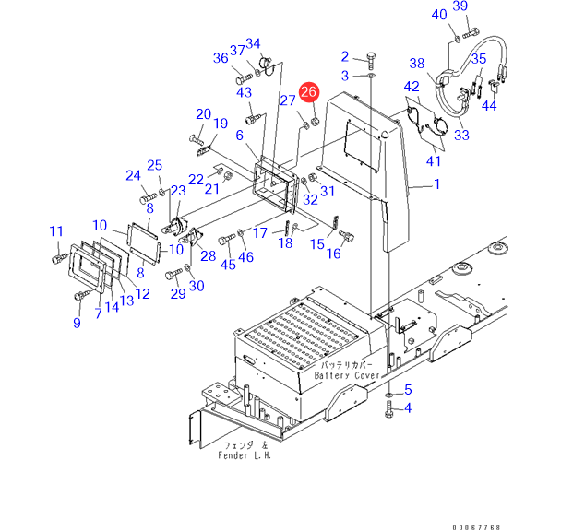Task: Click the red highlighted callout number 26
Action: pyautogui.click(x=308, y=92)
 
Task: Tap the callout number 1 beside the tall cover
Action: pyautogui.click(x=436, y=183)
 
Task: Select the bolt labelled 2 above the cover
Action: pyautogui.click(x=370, y=61)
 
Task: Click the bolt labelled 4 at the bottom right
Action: pyautogui.click(x=389, y=409)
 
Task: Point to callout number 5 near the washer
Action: pyautogui.click(x=408, y=389)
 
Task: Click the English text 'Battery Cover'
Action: pyautogui.click(x=347, y=375)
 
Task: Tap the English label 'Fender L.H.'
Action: pyautogui.click(x=245, y=455)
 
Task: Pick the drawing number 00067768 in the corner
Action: pyautogui.click(x=476, y=527)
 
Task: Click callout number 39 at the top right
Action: pyautogui.click(x=460, y=6)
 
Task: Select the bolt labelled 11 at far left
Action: pyautogui.click(x=60, y=257)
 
